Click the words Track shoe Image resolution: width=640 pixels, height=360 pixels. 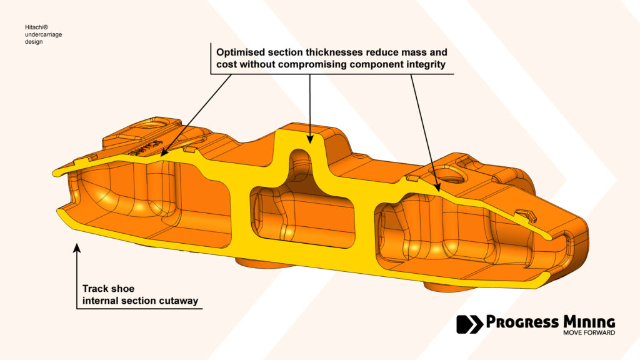pos(108,289)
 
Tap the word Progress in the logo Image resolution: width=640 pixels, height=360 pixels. pos(522,322)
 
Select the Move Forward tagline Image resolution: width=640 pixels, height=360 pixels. pos(589,332)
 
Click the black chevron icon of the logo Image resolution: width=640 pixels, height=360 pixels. pos(470,324)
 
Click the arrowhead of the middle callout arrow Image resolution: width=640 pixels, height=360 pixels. pos(310,139)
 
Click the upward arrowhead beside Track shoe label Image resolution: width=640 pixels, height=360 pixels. pos(77,247)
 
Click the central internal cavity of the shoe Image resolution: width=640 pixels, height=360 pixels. pos(302,216)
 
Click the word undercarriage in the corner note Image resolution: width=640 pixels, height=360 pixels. pos(43,35)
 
